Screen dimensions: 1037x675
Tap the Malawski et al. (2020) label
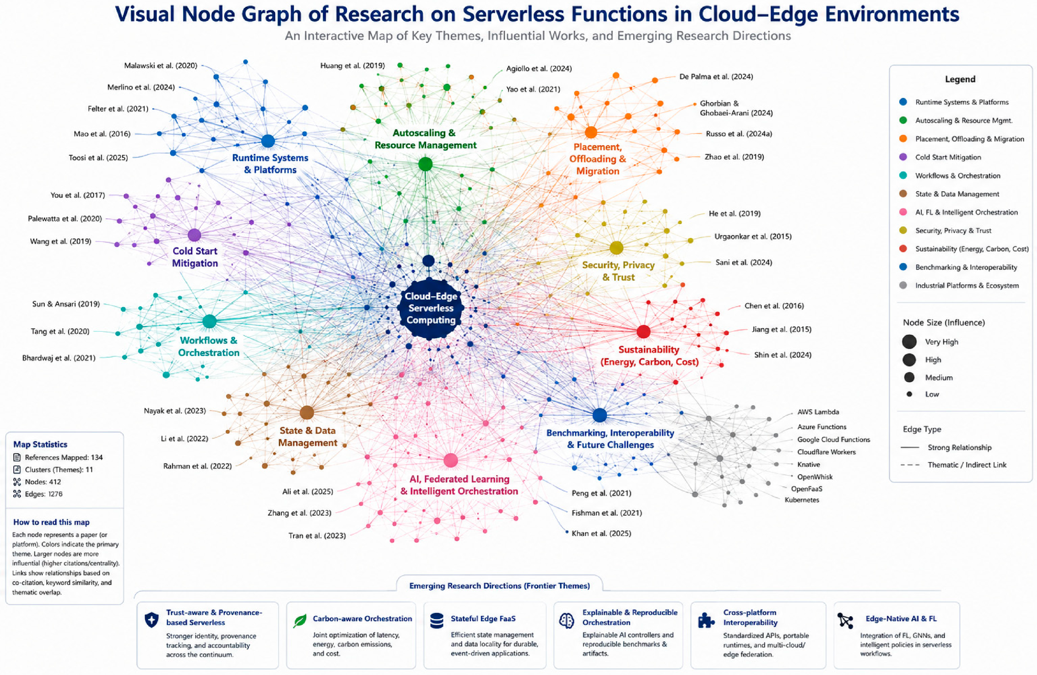click(x=161, y=66)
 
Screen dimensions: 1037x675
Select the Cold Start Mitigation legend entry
click(x=948, y=157)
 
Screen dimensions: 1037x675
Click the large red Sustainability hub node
click(x=643, y=332)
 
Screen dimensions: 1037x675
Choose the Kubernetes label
click(x=802, y=500)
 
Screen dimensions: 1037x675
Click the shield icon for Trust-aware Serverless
click(x=151, y=620)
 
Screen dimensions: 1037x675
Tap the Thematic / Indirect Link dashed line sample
click(x=910, y=465)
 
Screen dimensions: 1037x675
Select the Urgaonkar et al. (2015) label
click(x=753, y=237)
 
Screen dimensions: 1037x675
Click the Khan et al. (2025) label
click(x=601, y=533)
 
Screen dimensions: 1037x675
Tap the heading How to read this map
click(x=51, y=522)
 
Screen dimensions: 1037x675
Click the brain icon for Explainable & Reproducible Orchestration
click(x=567, y=620)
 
